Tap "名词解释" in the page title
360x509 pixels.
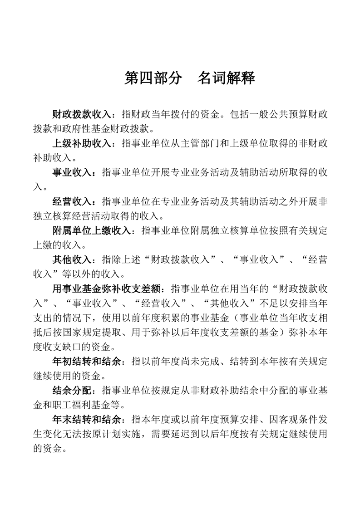click(x=226, y=78)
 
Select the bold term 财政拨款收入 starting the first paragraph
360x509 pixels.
click(x=82, y=114)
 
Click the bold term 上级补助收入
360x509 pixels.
click(x=82, y=143)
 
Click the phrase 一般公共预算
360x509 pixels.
click(x=280, y=114)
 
